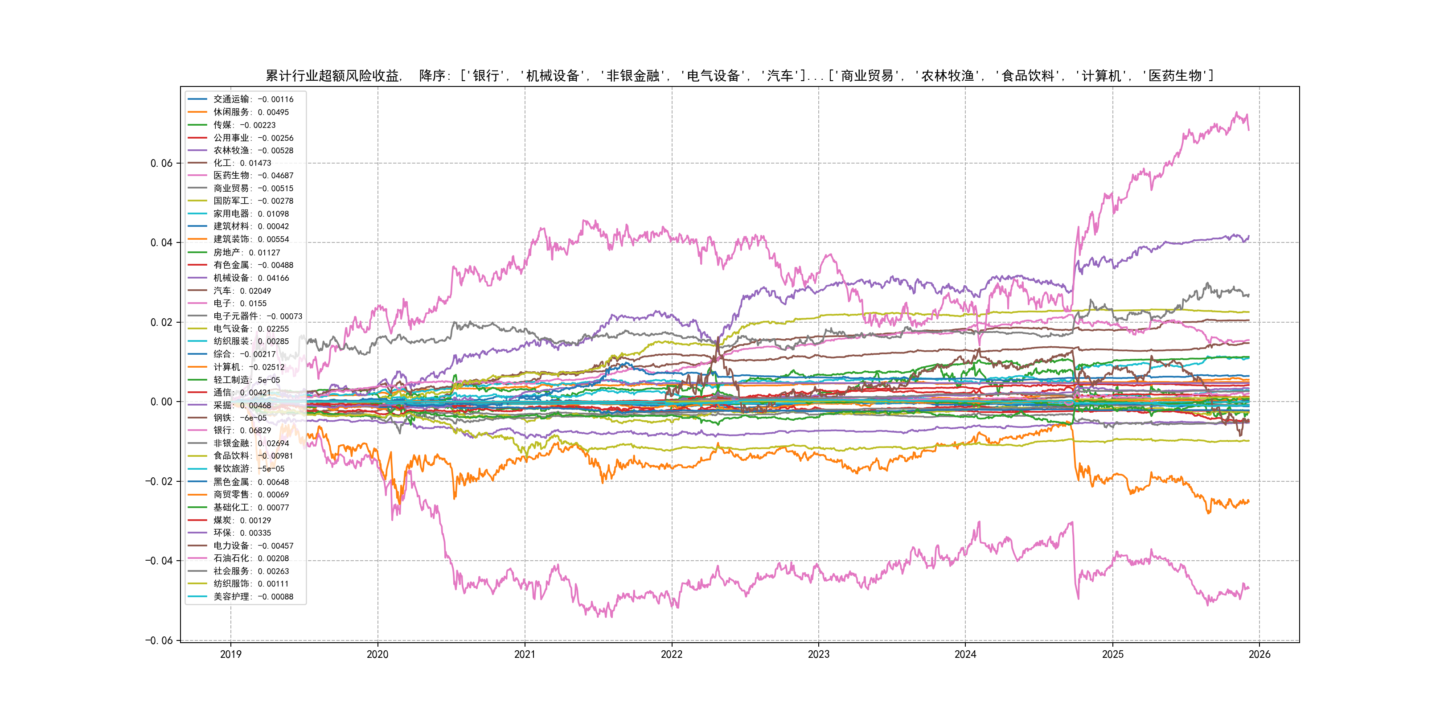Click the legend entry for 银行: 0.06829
(242, 431)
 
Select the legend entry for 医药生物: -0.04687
(253, 176)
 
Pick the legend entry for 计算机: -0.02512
(248, 367)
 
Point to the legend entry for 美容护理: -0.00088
(253, 596)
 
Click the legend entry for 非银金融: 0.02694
(250, 443)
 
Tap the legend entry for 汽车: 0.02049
(242, 291)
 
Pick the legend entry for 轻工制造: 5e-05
(246, 380)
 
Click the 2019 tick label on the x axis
(230, 654)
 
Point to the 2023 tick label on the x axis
(818, 654)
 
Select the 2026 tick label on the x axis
(1259, 654)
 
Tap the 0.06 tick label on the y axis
(161, 163)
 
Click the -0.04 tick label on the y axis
(159, 561)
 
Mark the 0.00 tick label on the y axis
(161, 402)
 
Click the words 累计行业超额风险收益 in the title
(332, 76)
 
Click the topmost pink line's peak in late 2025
(1237, 113)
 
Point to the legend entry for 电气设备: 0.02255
(250, 329)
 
